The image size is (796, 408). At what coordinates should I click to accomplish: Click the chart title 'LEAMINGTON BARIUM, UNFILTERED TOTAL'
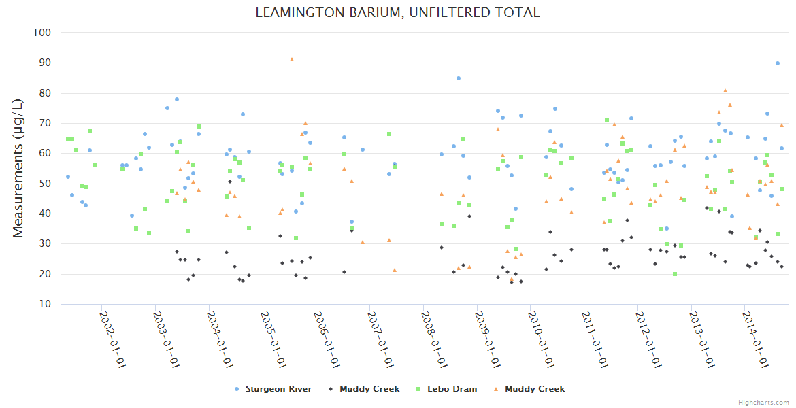(397, 12)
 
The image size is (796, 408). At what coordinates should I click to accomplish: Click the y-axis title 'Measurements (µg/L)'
(18, 168)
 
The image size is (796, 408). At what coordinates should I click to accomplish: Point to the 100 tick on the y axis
(42, 33)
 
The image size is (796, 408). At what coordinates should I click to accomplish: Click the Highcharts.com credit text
(763, 402)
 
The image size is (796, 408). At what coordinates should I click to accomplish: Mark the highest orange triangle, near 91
(292, 59)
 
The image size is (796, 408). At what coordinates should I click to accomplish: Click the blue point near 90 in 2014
(778, 63)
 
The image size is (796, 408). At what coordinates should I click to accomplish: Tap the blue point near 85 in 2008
(459, 78)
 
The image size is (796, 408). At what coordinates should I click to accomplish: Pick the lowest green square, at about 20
(675, 274)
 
